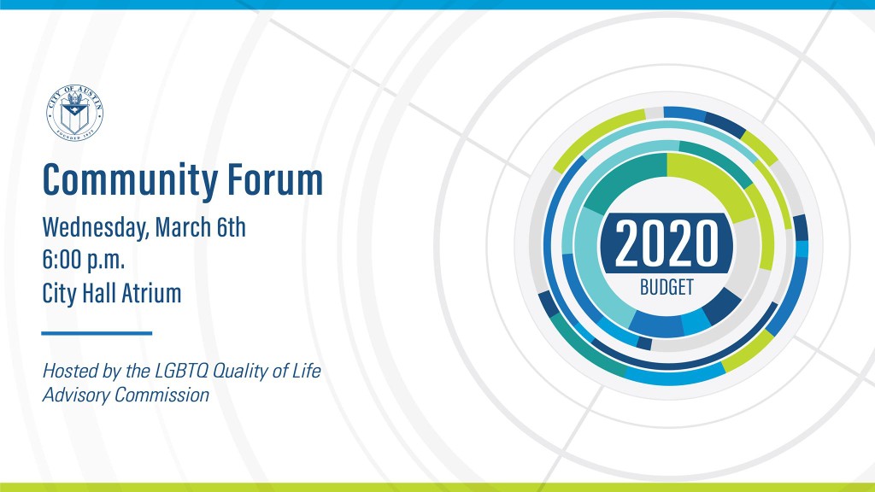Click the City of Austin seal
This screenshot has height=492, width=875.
point(75,114)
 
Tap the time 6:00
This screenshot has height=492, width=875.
point(61,260)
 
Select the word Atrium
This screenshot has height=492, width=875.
point(151,293)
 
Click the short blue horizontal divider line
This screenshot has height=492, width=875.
point(97,333)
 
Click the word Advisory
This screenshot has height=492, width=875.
point(76,395)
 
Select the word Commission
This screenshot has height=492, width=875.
point(161,395)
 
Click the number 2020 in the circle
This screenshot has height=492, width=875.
point(667,243)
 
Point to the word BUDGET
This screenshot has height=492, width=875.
point(667,287)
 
